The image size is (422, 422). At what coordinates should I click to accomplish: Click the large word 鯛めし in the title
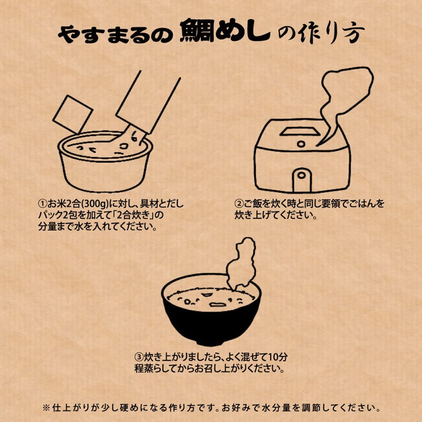click(224, 33)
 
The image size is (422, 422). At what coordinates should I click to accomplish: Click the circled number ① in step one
click(42, 203)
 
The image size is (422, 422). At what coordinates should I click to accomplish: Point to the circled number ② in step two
click(238, 203)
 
